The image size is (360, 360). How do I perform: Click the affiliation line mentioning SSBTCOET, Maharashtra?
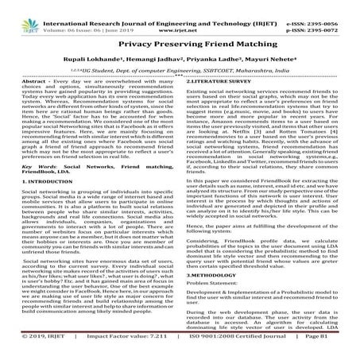click(180, 72)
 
